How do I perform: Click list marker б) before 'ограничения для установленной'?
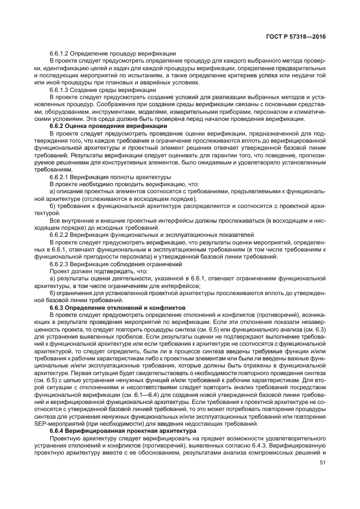pyautogui.click(x=53, y=292)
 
